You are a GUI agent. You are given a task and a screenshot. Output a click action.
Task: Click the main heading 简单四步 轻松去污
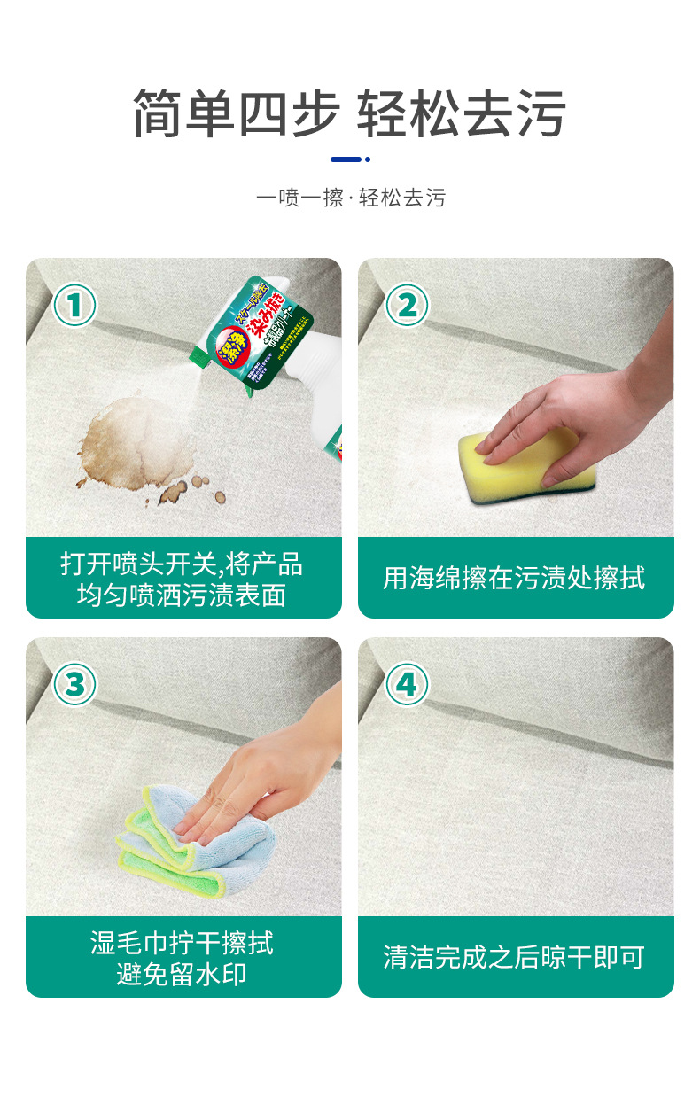pos(350,114)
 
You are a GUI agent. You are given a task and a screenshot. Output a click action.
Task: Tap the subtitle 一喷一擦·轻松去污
pos(350,198)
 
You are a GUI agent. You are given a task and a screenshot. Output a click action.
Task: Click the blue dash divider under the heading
pos(349,160)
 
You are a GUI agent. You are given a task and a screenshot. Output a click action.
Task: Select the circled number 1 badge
pos(75,306)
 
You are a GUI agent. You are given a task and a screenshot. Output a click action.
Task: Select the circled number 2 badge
pos(407,306)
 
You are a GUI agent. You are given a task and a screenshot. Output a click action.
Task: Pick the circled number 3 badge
pos(75,684)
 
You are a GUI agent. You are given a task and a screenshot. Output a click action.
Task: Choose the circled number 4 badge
pos(407,684)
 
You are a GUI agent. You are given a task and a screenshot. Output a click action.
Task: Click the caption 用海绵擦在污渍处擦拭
pos(515,579)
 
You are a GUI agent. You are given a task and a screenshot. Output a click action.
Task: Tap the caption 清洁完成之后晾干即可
pos(515,957)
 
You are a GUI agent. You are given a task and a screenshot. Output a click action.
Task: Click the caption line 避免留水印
pos(183,975)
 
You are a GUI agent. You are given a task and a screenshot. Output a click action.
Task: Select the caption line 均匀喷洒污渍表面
pos(183,595)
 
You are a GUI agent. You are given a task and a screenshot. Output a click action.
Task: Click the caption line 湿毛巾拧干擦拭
pos(183,941)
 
